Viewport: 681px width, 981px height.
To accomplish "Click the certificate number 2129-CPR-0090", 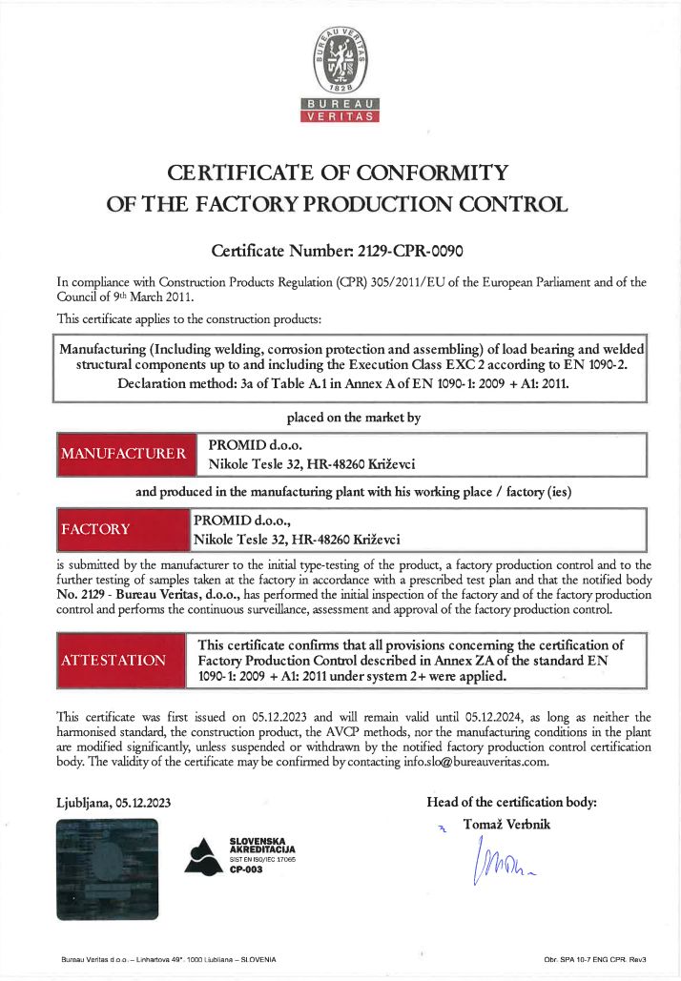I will (410, 252).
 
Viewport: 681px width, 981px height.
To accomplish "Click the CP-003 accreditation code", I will (246, 869).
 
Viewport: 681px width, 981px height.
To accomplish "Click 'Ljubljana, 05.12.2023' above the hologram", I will (113, 803).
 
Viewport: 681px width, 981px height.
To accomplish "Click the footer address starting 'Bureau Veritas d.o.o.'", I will (168, 958).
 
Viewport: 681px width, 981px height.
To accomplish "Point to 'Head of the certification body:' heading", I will (511, 802).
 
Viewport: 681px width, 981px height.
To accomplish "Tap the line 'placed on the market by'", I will (353, 417).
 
